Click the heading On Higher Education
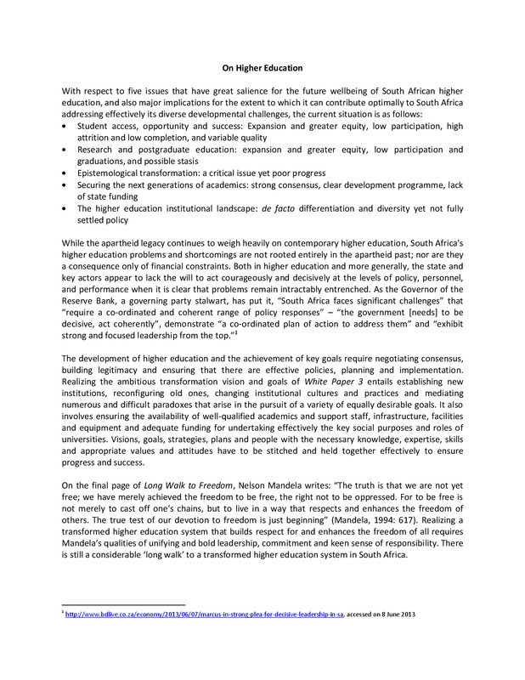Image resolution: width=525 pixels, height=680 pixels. [262, 67]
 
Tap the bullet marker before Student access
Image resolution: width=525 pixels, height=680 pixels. [66, 126]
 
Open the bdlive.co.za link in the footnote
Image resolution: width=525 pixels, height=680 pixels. [204, 615]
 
